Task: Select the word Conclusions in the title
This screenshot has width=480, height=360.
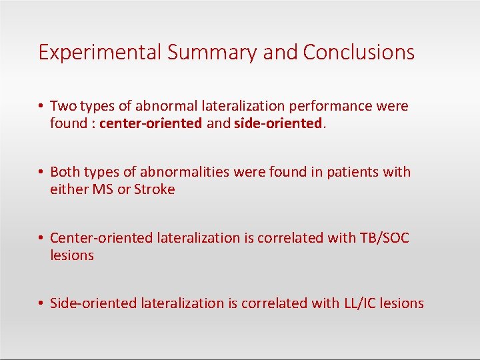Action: tap(359, 53)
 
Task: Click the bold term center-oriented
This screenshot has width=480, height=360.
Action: tap(151, 123)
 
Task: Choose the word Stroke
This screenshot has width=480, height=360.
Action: tap(155, 189)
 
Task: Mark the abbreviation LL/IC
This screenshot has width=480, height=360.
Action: tap(359, 303)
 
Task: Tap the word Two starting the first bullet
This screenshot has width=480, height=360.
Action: tap(63, 106)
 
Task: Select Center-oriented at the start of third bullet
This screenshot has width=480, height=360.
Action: tap(101, 238)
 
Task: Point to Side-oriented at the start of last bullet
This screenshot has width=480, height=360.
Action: tap(93, 303)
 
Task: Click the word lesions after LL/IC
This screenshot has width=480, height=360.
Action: tap(401, 303)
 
